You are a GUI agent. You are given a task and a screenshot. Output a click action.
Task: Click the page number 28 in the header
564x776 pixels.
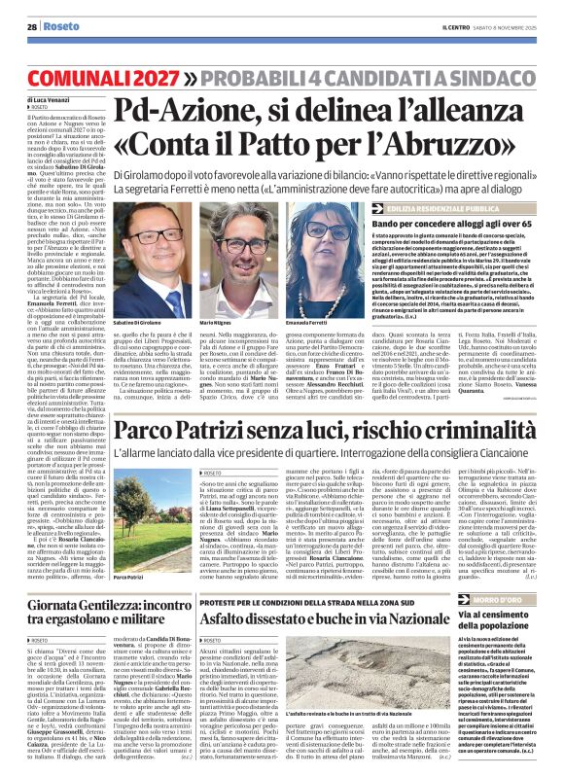[32, 27]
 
